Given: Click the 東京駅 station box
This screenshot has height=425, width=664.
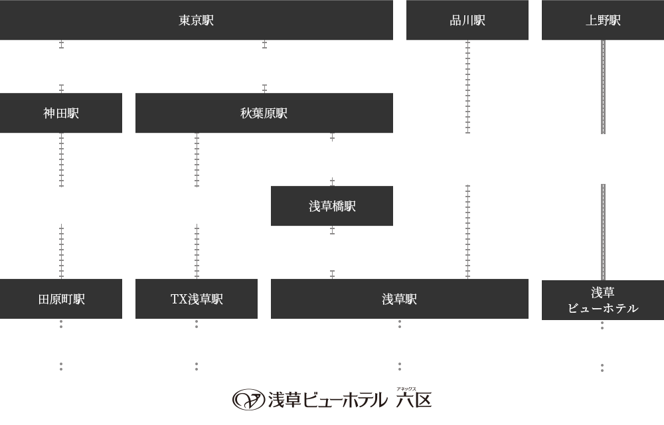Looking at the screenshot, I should click(197, 21).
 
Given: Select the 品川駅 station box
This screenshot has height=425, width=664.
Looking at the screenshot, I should click(467, 21).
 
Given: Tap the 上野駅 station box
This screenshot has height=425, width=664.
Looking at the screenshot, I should click(602, 21).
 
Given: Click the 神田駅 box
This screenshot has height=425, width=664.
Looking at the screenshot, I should click(61, 113).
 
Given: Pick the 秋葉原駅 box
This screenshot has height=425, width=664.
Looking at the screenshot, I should click(264, 113).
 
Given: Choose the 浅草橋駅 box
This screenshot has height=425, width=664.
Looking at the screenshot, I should click(331, 206).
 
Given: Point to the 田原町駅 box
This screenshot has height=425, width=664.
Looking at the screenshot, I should click(61, 299).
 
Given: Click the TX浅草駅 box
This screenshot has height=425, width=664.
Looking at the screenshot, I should click(196, 299).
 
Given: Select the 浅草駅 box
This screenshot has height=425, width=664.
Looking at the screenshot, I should click(399, 299).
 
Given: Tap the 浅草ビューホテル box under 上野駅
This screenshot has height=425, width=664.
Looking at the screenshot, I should click(602, 299).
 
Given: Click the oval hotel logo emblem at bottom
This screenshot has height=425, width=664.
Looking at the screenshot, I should click(248, 399).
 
